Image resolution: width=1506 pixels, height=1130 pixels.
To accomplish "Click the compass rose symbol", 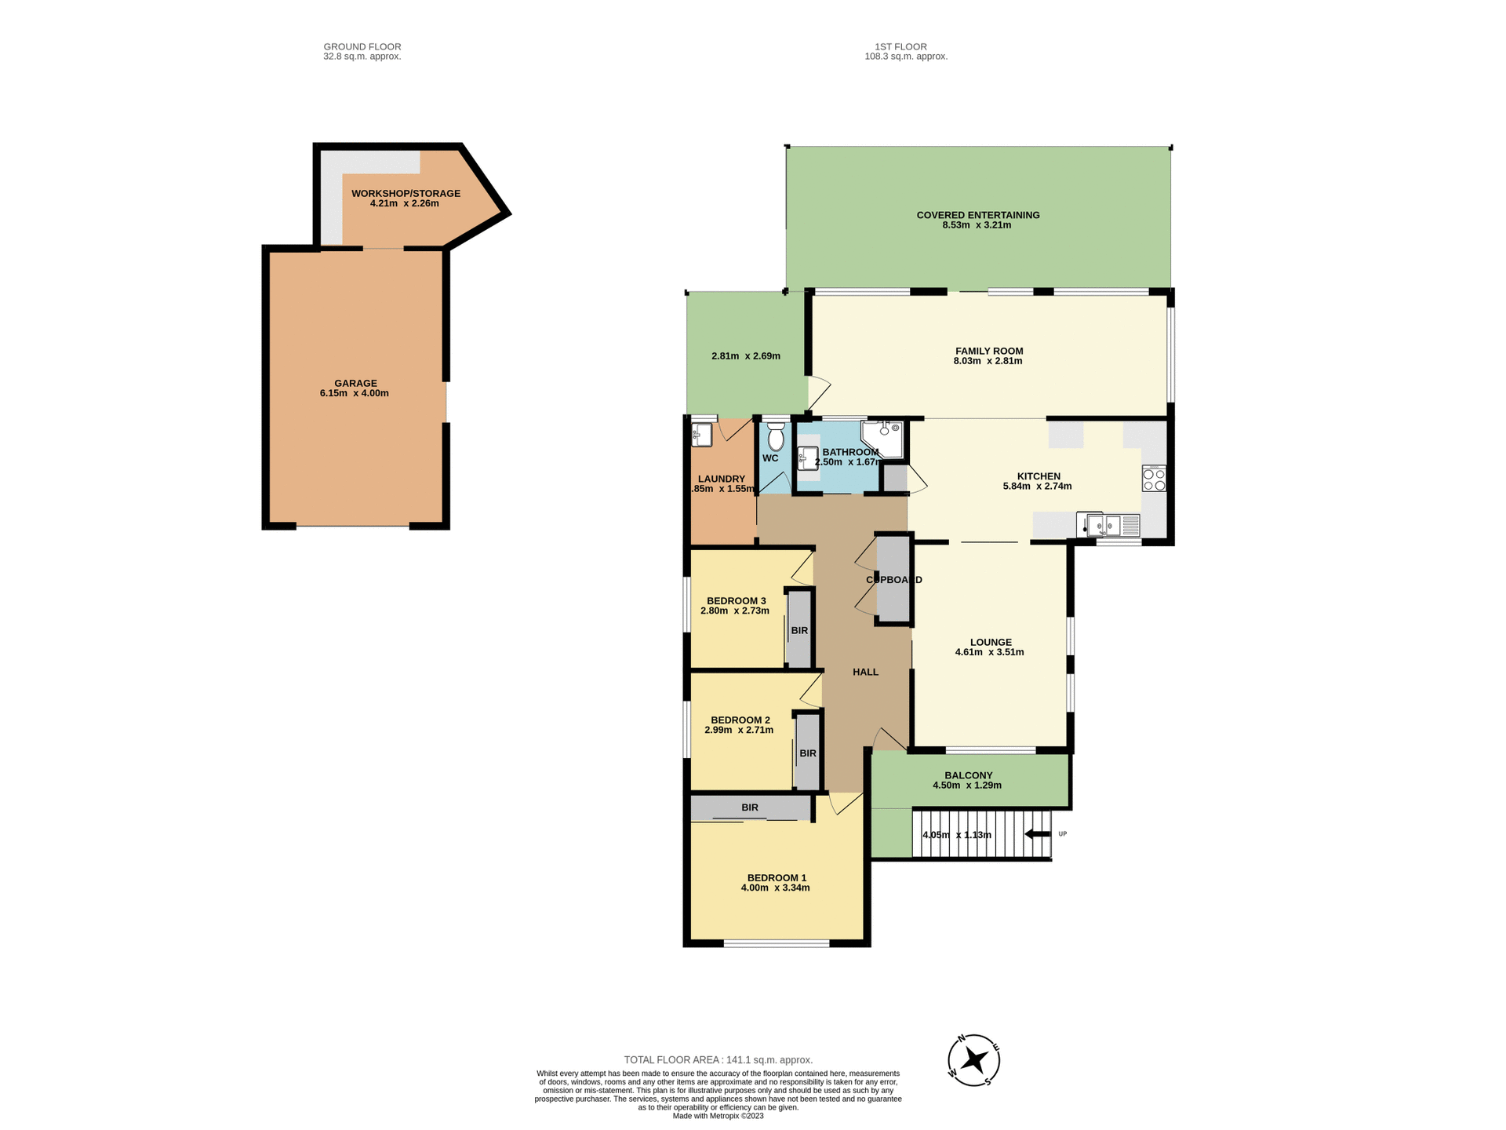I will coord(973,1060).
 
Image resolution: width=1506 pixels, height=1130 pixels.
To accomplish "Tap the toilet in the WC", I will coord(776,436).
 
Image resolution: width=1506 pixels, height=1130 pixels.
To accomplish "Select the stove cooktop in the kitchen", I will coord(1154,479).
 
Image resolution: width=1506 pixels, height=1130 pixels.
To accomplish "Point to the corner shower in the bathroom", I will coord(885,438).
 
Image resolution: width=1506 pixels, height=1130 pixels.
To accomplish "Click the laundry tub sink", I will coord(701,435).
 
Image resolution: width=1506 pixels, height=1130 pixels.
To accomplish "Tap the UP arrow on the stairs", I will coord(1038,834).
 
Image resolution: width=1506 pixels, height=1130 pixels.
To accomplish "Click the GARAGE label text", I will coord(355,384).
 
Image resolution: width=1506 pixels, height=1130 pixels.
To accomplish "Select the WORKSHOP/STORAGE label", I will coord(406,193).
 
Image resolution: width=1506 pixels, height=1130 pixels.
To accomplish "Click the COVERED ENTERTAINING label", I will coord(977,215).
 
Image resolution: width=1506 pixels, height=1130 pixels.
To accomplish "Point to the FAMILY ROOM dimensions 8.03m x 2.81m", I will coord(988,362).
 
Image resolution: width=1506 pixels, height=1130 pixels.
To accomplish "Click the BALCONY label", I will coord(968,775).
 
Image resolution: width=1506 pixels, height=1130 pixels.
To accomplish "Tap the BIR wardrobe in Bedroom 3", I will coord(799,630).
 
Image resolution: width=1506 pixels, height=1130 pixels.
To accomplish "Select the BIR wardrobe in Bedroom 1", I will coord(750,807).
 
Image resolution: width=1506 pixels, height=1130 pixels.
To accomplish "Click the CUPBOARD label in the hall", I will coord(893,580).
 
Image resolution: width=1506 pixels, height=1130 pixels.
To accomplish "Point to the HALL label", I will coord(865,672).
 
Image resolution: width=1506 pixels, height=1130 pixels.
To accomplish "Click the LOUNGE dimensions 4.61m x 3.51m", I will coord(989,652).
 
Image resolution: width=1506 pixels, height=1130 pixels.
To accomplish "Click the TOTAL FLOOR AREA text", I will coord(718,1059).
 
